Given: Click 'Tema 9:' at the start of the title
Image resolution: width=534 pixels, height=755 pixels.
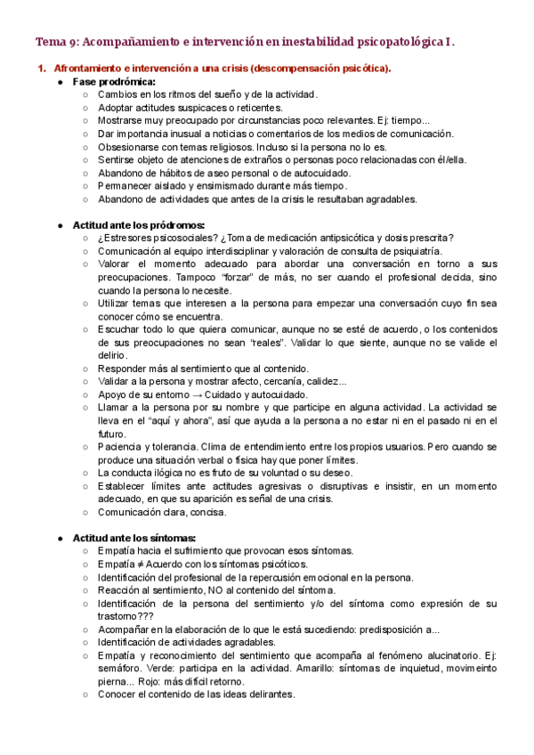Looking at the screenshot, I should click(55, 41).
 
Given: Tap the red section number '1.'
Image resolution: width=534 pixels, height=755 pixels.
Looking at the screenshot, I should click(41, 69).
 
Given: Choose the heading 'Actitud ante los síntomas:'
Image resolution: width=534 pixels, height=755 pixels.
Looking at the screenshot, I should click(134, 538).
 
